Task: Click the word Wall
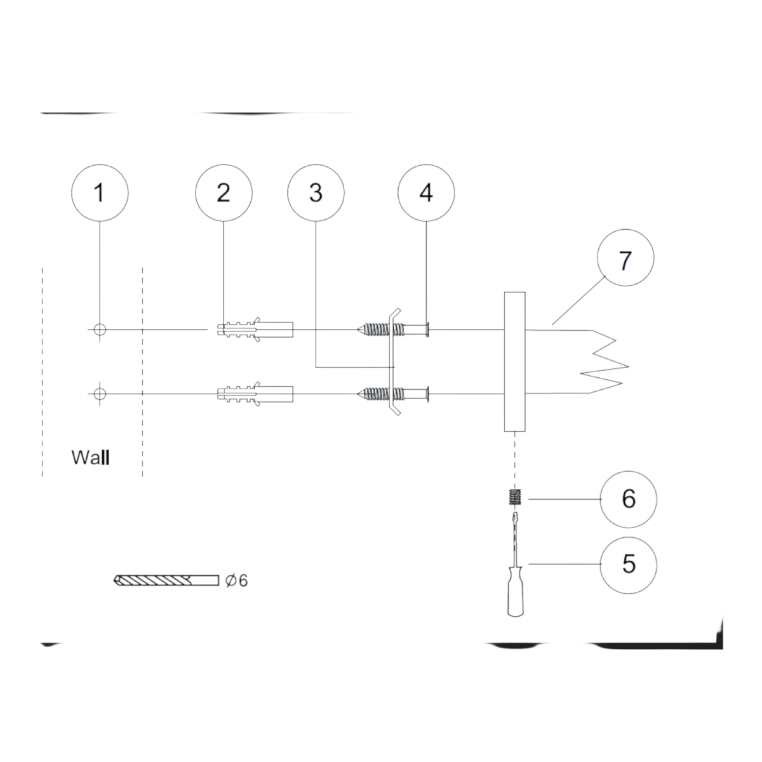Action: (x=91, y=457)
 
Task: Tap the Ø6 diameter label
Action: (x=236, y=580)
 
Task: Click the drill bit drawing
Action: (x=166, y=580)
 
